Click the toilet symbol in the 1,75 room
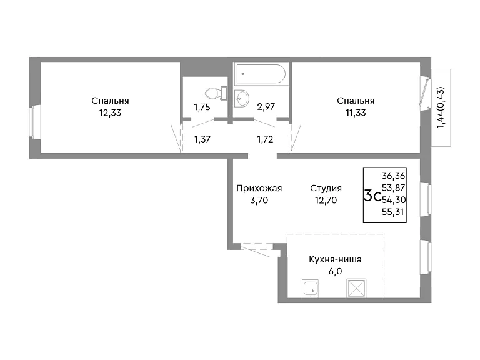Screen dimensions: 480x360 click(216, 93)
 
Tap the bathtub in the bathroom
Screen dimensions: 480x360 click(261, 74)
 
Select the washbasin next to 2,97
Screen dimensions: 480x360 click(242, 99)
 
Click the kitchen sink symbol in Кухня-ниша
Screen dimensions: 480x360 click(311, 288)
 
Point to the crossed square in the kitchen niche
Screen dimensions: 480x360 click(356, 288)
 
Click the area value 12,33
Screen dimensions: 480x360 click(110, 113)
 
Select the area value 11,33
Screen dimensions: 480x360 click(356, 113)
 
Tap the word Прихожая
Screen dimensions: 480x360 click(259, 188)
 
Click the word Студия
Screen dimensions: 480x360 click(326, 188)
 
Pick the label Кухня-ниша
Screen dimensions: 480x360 click(335, 259)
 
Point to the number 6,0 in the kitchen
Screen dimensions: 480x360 click(335, 271)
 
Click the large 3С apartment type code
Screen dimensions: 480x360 click(372, 196)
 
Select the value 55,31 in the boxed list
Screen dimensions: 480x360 click(392, 212)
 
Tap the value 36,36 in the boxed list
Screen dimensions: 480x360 click(393, 176)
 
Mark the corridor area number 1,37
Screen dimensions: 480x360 click(202, 139)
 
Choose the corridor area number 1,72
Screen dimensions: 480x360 click(265, 139)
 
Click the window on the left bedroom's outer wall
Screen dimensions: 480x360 click(35, 122)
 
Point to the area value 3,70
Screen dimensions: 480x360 click(259, 201)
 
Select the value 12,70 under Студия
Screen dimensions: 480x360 click(326, 201)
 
